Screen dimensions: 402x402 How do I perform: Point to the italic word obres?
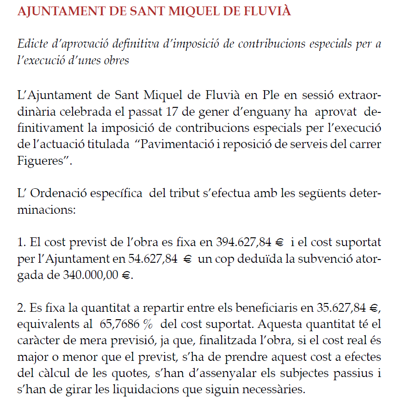tap(116, 61)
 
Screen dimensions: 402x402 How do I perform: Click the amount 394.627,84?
tap(244, 242)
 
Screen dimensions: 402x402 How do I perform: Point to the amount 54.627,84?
tap(152, 259)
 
